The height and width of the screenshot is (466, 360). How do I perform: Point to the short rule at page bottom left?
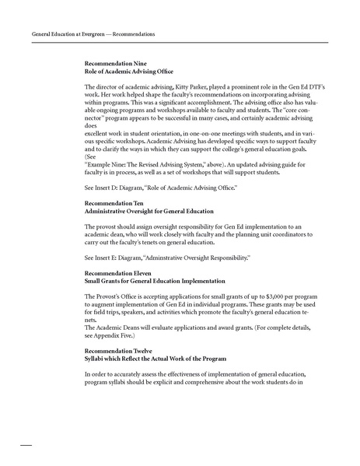click(x=24, y=445)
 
